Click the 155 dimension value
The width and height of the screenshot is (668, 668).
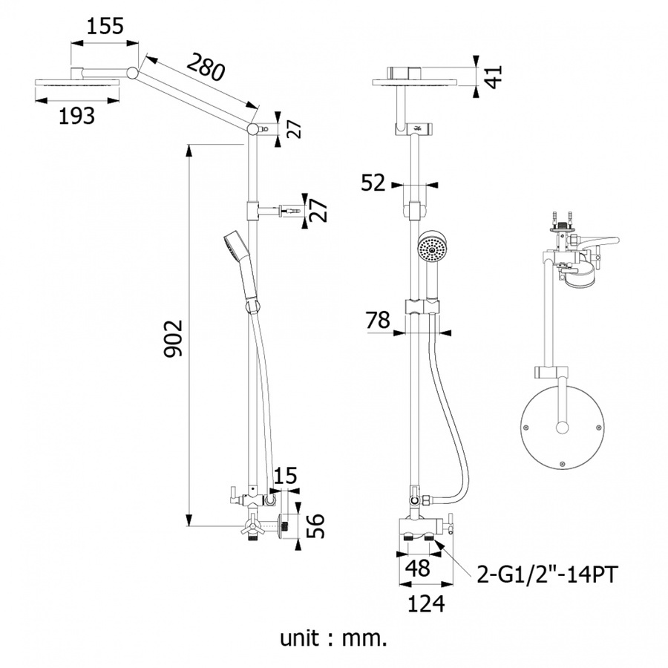pos(105,27)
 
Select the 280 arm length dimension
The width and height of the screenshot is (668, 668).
pos(206,67)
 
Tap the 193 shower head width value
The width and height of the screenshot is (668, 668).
pos(76,116)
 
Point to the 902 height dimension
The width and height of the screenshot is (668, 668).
pos(174,338)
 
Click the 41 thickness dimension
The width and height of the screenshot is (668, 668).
pos(494,76)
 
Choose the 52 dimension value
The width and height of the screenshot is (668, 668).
pos(373,183)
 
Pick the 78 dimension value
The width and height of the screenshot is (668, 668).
pos(378,321)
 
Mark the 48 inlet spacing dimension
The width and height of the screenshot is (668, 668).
pos(418,569)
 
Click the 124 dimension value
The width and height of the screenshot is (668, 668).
pos(426,603)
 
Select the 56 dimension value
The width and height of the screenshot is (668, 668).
pos(315,526)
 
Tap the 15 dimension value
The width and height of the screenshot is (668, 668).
pos(285,476)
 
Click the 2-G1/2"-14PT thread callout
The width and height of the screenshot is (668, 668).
pos(546,574)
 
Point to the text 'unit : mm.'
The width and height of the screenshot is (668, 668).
pos(333,638)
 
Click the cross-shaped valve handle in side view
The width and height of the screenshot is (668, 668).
pos(252,528)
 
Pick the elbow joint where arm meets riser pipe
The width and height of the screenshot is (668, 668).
pos(253,128)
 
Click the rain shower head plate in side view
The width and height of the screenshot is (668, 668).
pos(76,83)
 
